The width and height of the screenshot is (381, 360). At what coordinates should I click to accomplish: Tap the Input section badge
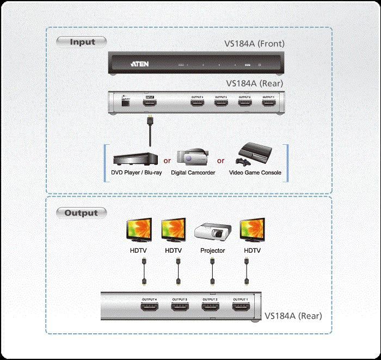82,41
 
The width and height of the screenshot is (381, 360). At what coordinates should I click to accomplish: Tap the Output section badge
81,213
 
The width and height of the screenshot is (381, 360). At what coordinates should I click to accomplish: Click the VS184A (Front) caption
255,44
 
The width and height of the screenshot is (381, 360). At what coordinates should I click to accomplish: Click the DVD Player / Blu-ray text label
133,173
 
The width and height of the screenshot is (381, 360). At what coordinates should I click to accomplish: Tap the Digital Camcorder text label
193,173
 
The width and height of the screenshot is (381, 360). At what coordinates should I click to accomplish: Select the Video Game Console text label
255,173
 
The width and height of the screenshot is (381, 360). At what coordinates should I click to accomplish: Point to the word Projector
213,251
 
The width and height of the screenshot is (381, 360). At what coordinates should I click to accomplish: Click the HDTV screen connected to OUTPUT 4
141,231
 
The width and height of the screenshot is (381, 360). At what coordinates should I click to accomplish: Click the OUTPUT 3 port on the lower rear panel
180,308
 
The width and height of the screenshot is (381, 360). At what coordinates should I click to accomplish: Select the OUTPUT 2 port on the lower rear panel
210,308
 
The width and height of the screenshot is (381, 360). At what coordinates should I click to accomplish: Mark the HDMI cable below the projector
213,272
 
